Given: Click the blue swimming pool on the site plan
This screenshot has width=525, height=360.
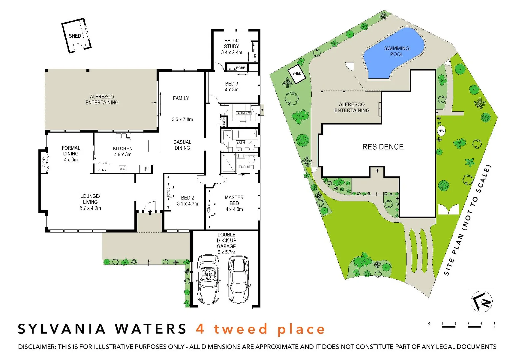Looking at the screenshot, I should coord(393,53).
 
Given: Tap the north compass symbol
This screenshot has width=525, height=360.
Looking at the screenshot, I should coord(482,301).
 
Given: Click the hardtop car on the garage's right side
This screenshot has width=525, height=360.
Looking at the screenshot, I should coord(239,279).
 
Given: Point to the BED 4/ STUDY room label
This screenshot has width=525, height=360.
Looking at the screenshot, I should coord(231,46).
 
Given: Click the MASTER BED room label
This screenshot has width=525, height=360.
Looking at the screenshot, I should coord(234,203).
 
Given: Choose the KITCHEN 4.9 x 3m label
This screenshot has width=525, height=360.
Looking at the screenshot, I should coord(123,151).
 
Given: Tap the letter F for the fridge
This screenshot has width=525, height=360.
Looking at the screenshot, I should coord(146,169).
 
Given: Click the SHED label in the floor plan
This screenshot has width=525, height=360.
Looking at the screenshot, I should coord(75,36).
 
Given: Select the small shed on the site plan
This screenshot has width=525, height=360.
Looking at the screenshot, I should coord(297,74).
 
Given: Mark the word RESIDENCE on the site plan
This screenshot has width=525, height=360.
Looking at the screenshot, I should coord(383,147).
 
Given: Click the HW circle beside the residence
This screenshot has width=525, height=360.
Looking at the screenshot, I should coord(441,131).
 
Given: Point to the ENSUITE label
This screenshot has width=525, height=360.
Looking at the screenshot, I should coord(246,167).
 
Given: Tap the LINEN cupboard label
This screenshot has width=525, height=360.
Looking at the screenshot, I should coord(224,121).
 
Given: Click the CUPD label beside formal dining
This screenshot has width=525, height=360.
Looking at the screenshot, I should coord(44,162).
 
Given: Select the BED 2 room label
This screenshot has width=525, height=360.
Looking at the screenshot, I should coord(187,201).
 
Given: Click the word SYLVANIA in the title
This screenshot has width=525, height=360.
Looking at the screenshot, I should coord(62,329).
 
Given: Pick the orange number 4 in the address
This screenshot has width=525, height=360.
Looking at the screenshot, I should coord(200,329).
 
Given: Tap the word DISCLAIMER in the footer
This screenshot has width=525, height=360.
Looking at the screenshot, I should coord(36,347).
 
